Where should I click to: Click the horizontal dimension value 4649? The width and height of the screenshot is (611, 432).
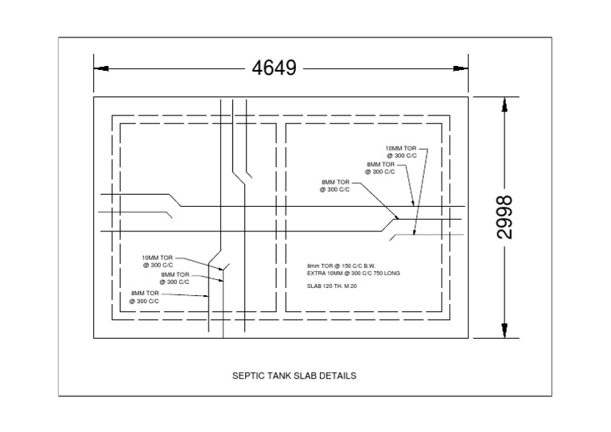[x=274, y=68]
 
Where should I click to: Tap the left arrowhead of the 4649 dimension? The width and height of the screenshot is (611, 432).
[x=99, y=68]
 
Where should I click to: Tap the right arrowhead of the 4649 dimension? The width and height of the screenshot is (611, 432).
[x=463, y=68]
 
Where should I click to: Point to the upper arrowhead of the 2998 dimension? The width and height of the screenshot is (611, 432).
[x=504, y=104]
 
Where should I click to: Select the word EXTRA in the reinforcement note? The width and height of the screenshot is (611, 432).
[x=316, y=273]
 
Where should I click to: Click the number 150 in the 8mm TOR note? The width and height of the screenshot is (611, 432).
[x=344, y=266]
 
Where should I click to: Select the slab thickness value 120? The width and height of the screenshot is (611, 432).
[x=328, y=285]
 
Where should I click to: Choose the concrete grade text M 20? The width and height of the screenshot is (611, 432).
[x=349, y=285]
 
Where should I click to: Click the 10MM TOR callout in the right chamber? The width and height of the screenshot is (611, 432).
[x=401, y=149]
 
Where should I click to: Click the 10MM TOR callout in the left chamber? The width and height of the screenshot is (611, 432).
[x=158, y=258]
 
